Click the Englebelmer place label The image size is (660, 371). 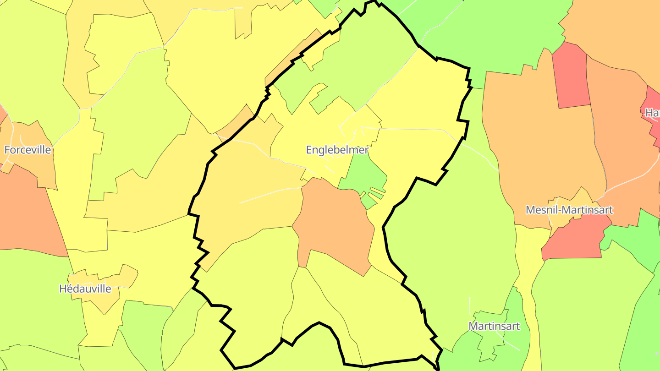(337, 150)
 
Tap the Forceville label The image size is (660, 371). (28, 150)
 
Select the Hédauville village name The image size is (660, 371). (85, 289)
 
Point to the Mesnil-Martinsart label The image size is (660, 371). (569, 210)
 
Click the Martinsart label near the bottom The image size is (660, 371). (494, 326)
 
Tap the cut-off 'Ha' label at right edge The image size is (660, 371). (652, 113)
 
